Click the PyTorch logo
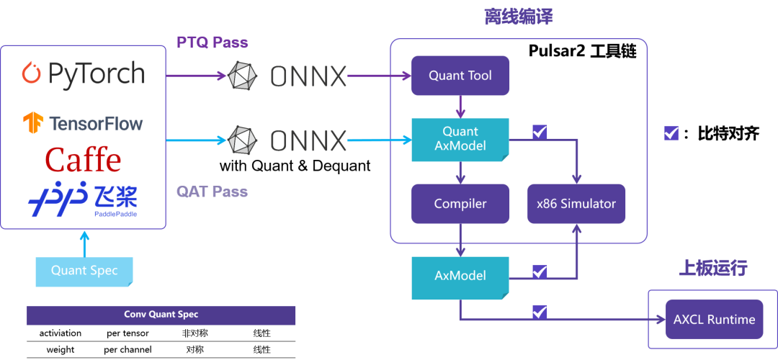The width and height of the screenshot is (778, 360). click(x=83, y=73)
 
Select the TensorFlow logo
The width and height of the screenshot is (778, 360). click(x=83, y=123)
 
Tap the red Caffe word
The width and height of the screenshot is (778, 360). click(x=83, y=160)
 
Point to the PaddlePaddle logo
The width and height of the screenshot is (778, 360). click(x=83, y=199)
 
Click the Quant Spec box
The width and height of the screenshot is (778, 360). click(x=84, y=271)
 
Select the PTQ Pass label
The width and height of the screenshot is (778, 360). click(x=213, y=42)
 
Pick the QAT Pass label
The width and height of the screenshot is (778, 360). click(x=213, y=192)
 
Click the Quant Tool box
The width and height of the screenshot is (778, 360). click(x=460, y=76)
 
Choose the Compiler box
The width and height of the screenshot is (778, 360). click(x=460, y=204)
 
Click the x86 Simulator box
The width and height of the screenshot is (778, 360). click(x=576, y=204)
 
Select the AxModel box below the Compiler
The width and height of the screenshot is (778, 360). click(x=460, y=276)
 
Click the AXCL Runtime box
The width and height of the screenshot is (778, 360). click(x=714, y=319)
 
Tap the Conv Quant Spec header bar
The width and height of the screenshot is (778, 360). click(x=161, y=315)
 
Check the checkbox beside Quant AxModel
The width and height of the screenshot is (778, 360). click(x=540, y=132)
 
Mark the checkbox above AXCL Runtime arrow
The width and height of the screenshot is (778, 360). click(x=540, y=312)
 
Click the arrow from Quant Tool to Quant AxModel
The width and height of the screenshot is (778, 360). click(x=460, y=107)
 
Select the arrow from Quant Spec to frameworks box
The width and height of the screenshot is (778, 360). click(x=84, y=243)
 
